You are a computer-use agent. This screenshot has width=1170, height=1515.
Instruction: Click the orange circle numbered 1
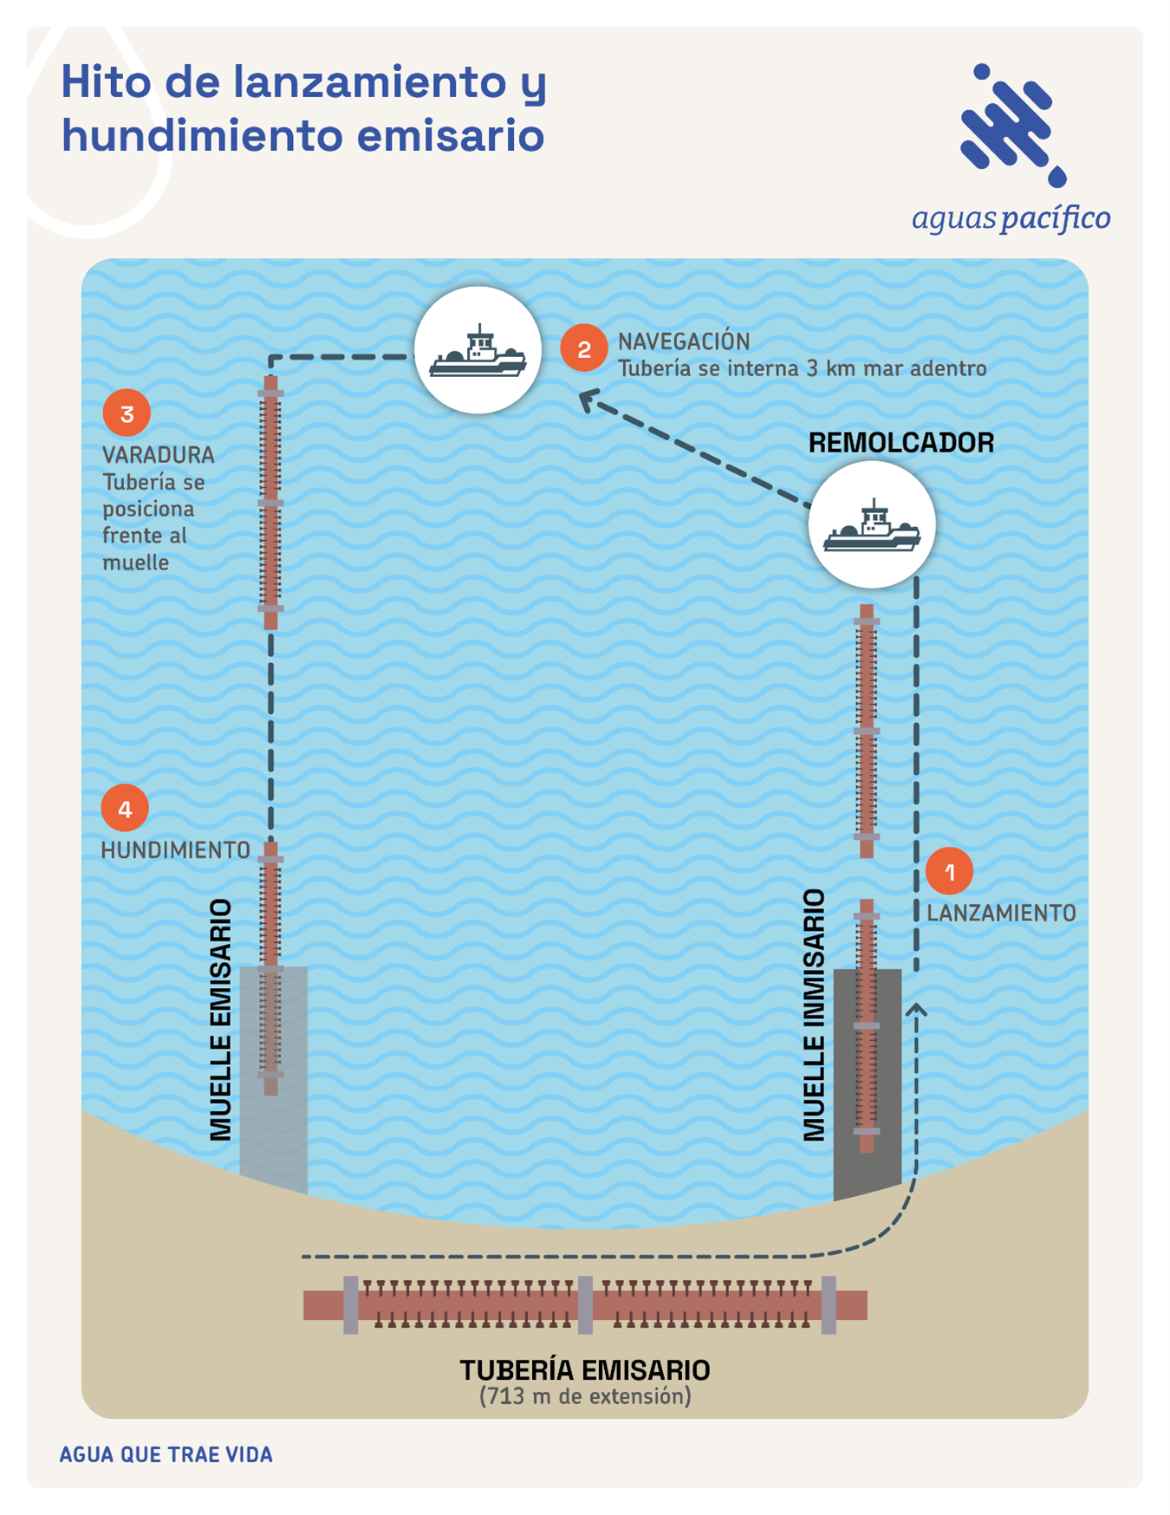tap(949, 871)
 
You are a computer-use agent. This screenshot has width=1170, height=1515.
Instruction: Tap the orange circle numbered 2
tap(583, 348)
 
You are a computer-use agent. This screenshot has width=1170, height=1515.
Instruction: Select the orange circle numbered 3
tap(127, 413)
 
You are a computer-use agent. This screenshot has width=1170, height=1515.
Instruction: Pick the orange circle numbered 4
tap(125, 809)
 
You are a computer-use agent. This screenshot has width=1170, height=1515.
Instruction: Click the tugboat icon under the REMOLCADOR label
tap(872, 525)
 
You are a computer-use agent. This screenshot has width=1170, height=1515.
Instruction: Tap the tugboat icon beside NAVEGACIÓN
tap(478, 350)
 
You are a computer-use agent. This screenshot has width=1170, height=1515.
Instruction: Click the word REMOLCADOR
tap(900, 443)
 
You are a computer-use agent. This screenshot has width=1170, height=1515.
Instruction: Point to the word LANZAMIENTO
tap(1001, 914)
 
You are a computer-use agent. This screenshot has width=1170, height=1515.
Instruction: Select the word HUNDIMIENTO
tap(175, 851)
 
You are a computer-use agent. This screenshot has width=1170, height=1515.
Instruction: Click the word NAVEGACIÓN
tap(684, 341)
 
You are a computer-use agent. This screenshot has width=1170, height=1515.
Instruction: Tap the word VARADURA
tap(159, 455)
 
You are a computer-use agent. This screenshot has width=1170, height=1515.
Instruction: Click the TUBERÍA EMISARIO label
tap(585, 1370)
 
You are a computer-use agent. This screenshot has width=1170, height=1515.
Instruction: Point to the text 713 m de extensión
tap(585, 1397)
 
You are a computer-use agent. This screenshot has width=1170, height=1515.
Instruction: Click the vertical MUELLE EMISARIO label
tap(221, 1019)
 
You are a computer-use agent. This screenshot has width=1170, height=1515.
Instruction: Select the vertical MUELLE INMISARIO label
tap(814, 1015)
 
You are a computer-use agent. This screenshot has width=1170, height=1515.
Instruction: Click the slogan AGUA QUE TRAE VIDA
tap(166, 1454)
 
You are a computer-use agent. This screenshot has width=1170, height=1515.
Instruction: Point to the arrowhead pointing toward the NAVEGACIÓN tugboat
tap(588, 400)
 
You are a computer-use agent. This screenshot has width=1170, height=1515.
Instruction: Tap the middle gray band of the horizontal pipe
tap(586, 1304)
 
